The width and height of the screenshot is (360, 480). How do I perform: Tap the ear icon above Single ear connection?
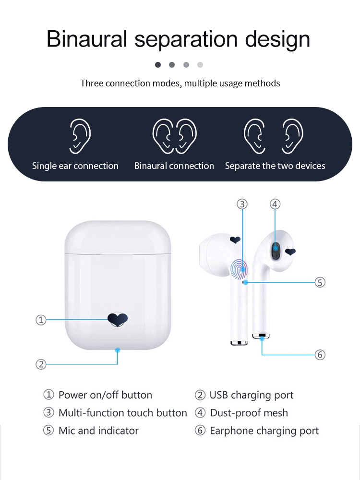pyautogui.click(x=80, y=136)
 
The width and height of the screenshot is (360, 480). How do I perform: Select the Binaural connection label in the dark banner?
pyautogui.click(x=174, y=166)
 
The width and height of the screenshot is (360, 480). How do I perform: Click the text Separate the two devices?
pyautogui.click(x=275, y=166)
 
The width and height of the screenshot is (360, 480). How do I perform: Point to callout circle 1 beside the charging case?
pyautogui.click(x=41, y=320)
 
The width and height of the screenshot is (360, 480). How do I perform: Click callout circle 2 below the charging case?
pyautogui.click(x=41, y=364)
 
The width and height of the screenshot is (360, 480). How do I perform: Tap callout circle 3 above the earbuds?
pyautogui.click(x=242, y=204)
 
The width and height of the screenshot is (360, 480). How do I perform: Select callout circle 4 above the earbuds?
pyautogui.click(x=275, y=204)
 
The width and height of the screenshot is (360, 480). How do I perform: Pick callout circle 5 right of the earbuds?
pyautogui.click(x=320, y=282)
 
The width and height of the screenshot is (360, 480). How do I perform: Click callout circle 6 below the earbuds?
pyautogui.click(x=320, y=355)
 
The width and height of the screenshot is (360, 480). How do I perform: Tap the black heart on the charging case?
pyautogui.click(x=117, y=318)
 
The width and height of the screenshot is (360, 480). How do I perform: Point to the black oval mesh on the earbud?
pyautogui.click(x=276, y=251)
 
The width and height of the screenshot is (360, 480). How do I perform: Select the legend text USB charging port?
pyautogui.click(x=251, y=396)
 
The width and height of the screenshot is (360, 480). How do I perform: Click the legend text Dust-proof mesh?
pyautogui.click(x=249, y=413)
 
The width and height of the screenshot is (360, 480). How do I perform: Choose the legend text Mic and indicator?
pyautogui.click(x=98, y=431)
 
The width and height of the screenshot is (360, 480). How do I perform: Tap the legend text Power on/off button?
pyautogui.click(x=105, y=396)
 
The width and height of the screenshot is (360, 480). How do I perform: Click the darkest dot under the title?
pyautogui.click(x=158, y=65)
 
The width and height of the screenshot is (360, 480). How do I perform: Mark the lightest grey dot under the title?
pyautogui.click(x=200, y=65)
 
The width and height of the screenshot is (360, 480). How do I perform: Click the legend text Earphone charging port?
pyautogui.click(x=264, y=431)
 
